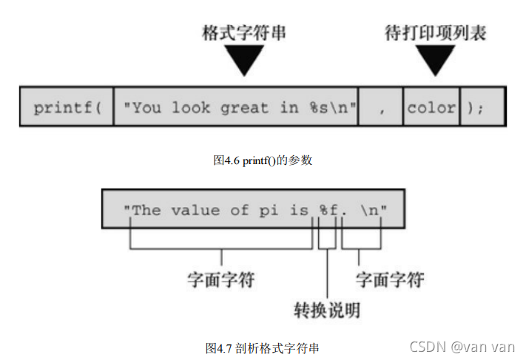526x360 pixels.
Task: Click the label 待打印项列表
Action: (x=435, y=34)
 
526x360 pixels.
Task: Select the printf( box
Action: (x=67, y=108)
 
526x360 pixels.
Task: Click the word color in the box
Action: (x=431, y=108)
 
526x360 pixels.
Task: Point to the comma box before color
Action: (x=381, y=108)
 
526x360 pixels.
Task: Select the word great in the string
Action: (x=244, y=108)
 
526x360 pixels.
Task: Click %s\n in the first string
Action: (x=331, y=108)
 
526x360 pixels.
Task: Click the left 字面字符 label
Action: (x=221, y=279)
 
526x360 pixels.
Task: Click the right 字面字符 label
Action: (x=389, y=279)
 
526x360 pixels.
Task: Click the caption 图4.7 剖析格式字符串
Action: (x=263, y=347)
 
